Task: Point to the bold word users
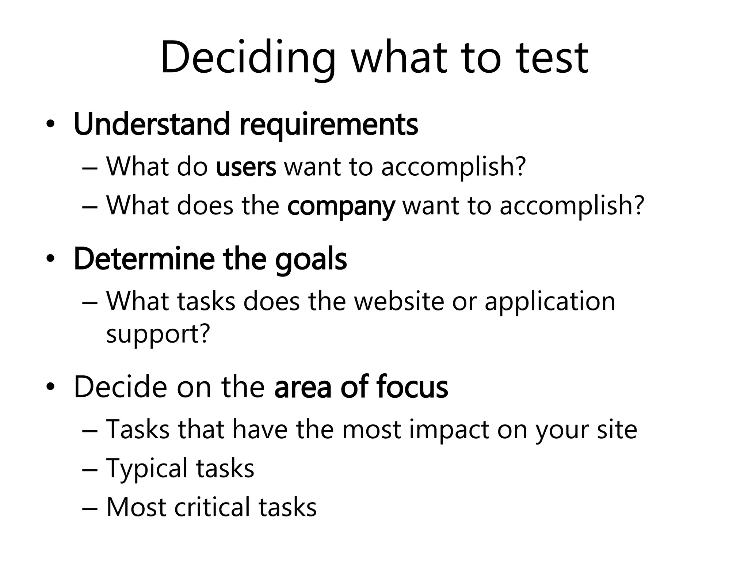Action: (246, 167)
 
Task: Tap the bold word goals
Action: (311, 260)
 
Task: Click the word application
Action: (550, 302)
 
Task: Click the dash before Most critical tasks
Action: (90, 509)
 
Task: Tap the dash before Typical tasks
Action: (90, 469)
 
